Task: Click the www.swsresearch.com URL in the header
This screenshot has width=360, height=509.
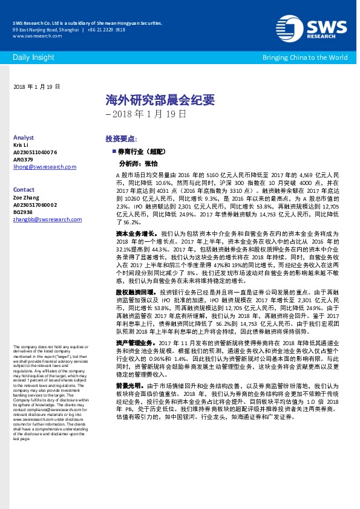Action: point(33,36)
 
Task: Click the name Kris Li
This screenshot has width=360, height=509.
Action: point(21,146)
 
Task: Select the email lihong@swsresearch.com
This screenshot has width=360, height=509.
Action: point(44,167)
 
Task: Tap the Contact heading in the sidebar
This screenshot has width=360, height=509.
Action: point(24,190)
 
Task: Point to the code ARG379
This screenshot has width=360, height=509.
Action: point(23,160)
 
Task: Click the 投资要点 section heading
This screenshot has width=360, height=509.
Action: point(121,138)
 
